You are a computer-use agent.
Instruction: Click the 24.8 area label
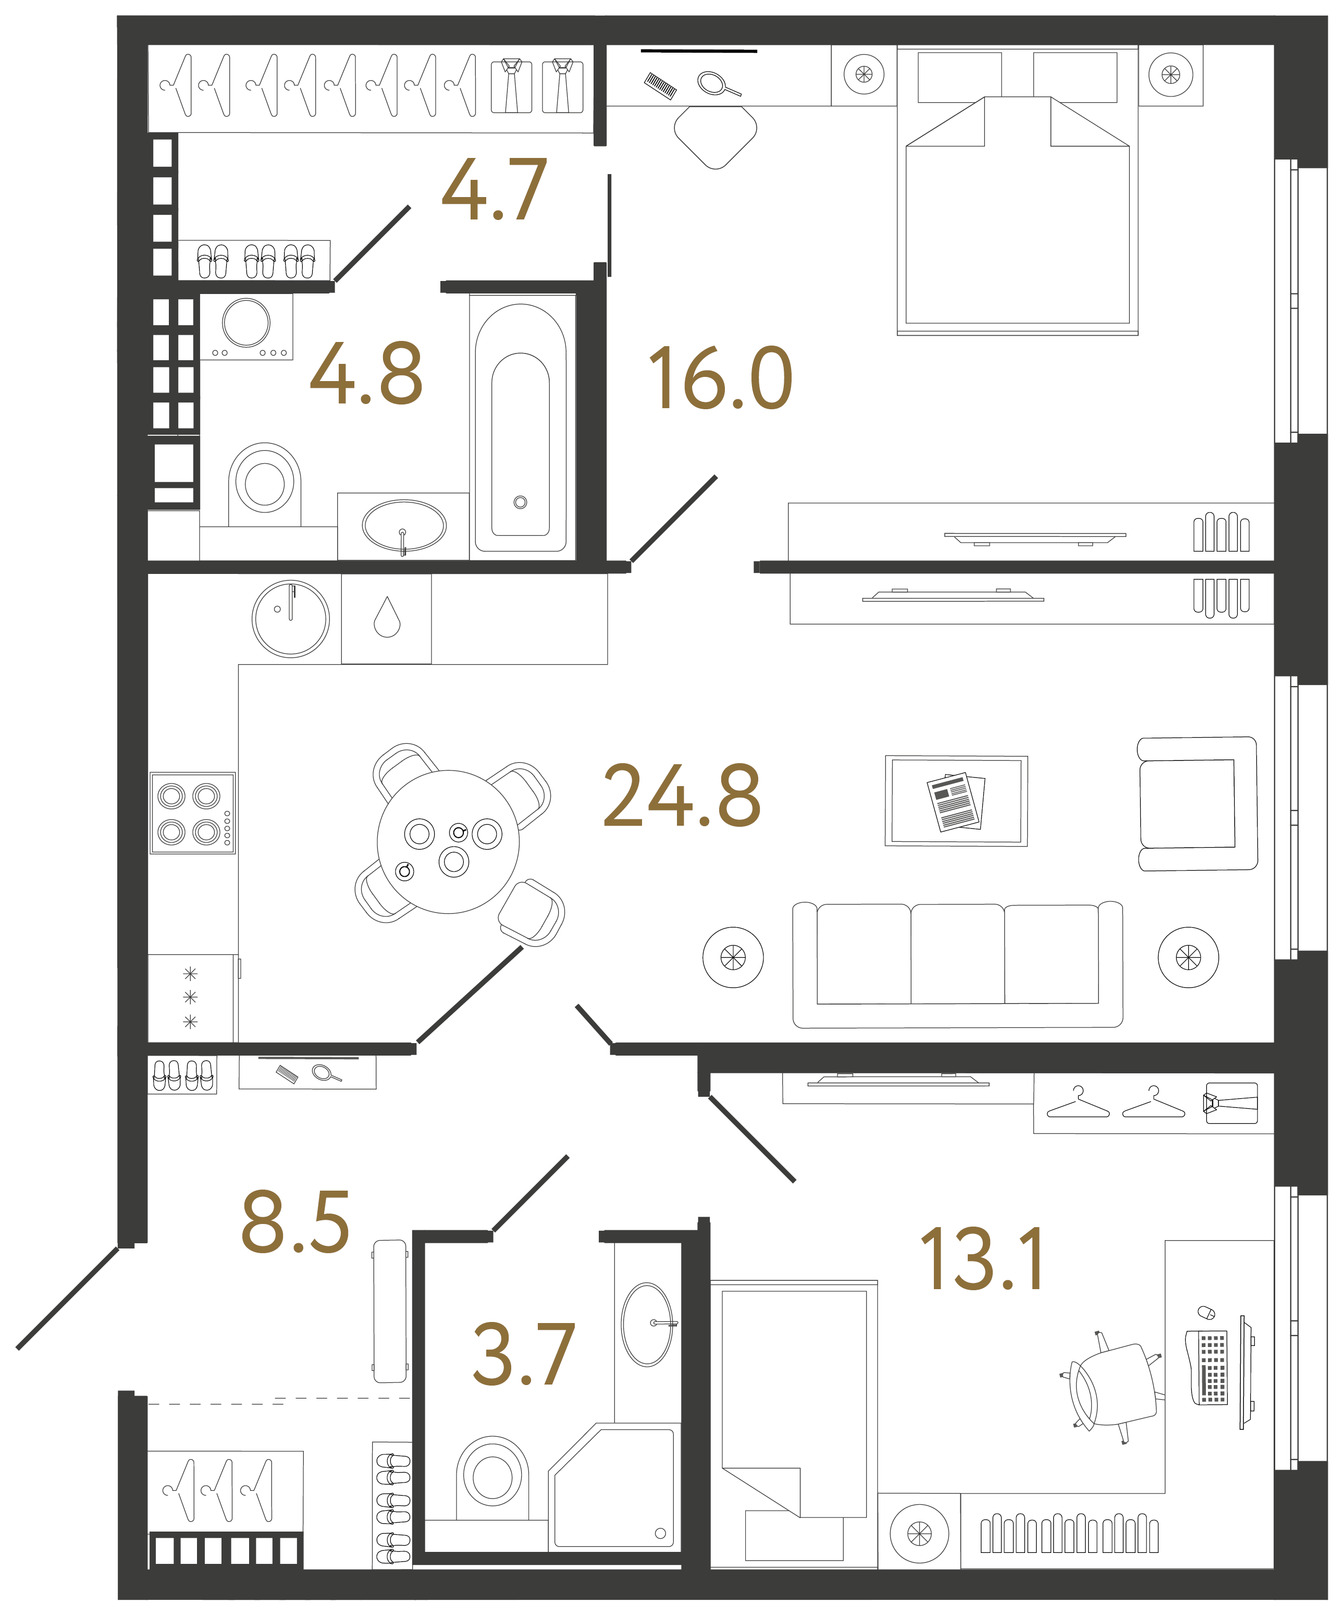682,797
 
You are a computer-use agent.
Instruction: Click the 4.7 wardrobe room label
495,190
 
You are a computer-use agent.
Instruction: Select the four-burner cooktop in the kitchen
192,813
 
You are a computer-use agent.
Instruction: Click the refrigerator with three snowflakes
191,998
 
